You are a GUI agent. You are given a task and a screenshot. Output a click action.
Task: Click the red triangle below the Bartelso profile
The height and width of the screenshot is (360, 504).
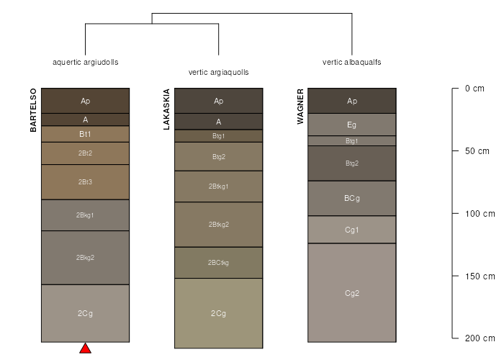coord(85,349)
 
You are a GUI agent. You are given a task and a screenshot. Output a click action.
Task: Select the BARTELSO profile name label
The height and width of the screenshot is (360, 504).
coord(33,110)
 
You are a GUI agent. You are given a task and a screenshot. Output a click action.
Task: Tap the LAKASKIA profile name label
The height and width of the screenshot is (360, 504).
coord(166,109)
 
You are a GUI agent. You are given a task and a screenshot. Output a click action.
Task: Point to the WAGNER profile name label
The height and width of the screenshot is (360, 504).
coord(300,107)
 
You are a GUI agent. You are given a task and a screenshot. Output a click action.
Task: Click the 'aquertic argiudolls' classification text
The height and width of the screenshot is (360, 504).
coord(86,62)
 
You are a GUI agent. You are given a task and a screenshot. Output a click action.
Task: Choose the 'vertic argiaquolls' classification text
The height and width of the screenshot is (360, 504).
coord(219,72)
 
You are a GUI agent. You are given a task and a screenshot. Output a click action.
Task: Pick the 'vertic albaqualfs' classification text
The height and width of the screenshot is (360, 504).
coord(352,62)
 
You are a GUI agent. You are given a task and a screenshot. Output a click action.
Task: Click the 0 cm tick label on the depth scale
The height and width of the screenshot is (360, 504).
coord(474,89)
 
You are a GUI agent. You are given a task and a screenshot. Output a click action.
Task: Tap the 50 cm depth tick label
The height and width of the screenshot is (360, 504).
coord(477,151)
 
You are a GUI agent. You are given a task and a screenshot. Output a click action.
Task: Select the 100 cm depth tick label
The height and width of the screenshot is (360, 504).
coord(480,214)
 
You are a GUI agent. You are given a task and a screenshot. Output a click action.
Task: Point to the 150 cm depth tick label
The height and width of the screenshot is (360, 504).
coord(480,276)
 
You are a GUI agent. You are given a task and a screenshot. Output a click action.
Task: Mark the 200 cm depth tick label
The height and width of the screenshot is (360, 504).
coord(480,338)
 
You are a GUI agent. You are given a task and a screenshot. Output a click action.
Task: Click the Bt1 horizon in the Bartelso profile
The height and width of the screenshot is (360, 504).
coord(85,134)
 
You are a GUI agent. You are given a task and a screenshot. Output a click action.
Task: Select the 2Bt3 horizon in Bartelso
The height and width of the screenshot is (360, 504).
coord(85,182)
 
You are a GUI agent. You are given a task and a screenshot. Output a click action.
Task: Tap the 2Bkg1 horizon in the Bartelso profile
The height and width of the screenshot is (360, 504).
coord(85,215)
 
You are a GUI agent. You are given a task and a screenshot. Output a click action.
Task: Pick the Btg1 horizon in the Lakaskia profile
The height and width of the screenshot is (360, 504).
coord(219,136)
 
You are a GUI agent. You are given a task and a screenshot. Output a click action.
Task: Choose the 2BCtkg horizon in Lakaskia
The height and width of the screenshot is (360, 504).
coord(219,263)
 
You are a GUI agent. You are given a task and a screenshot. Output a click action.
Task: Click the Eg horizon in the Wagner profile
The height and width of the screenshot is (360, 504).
coord(352,125)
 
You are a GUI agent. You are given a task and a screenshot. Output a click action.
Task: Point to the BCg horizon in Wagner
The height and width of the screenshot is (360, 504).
coord(352,198)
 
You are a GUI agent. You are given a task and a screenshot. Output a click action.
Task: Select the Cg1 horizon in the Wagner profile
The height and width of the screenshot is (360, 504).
coord(352,230)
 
